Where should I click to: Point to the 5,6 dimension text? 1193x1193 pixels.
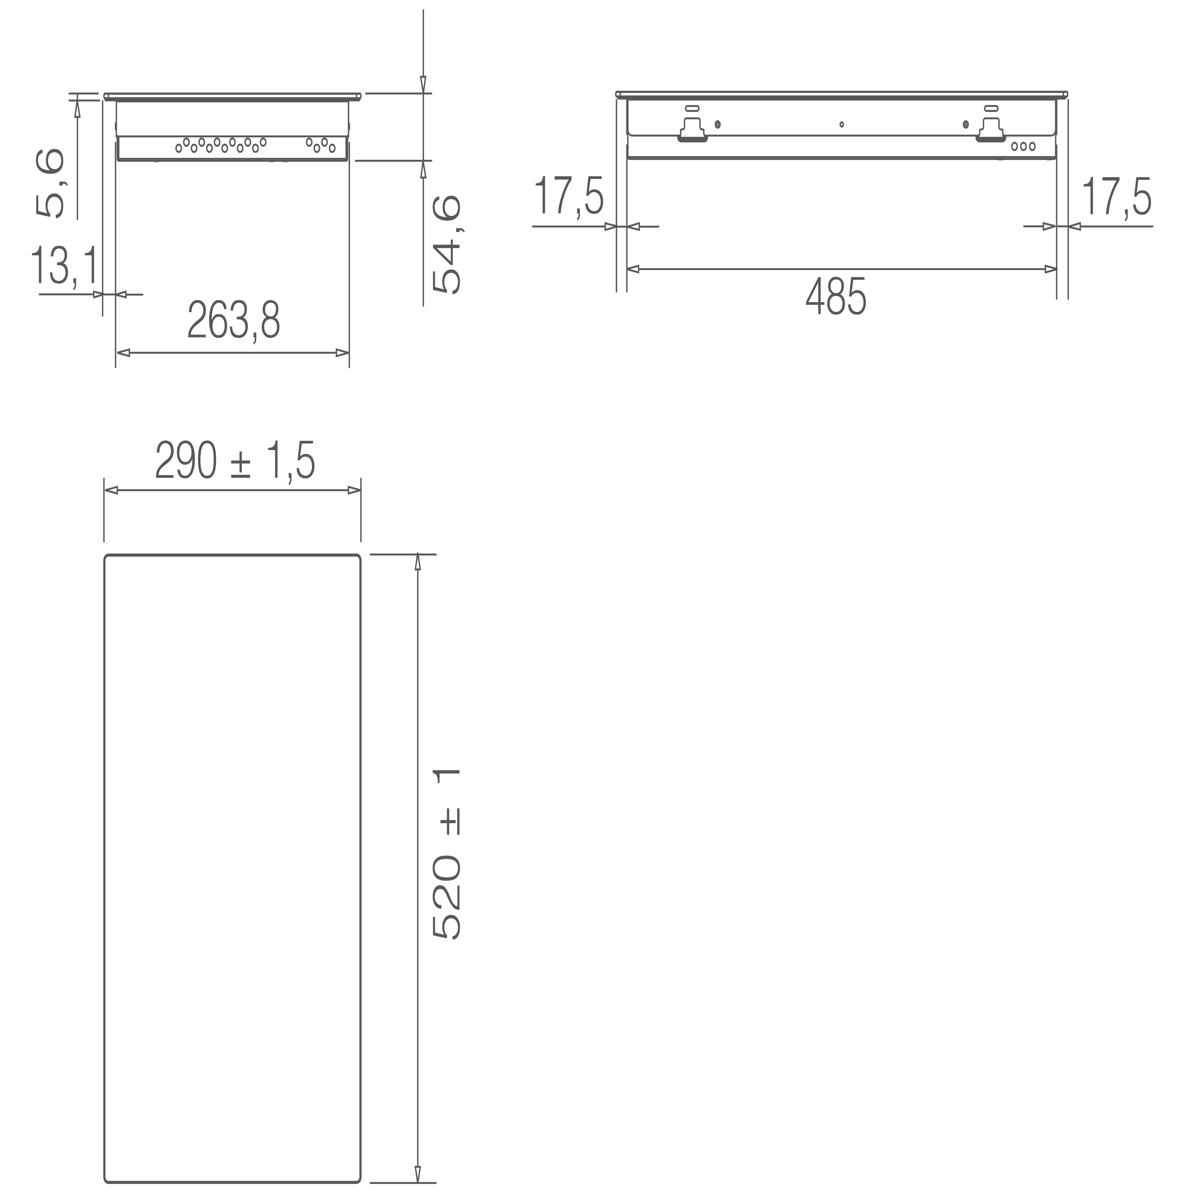click(x=50, y=183)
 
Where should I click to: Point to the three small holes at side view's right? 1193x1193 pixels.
click(x=1023, y=147)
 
